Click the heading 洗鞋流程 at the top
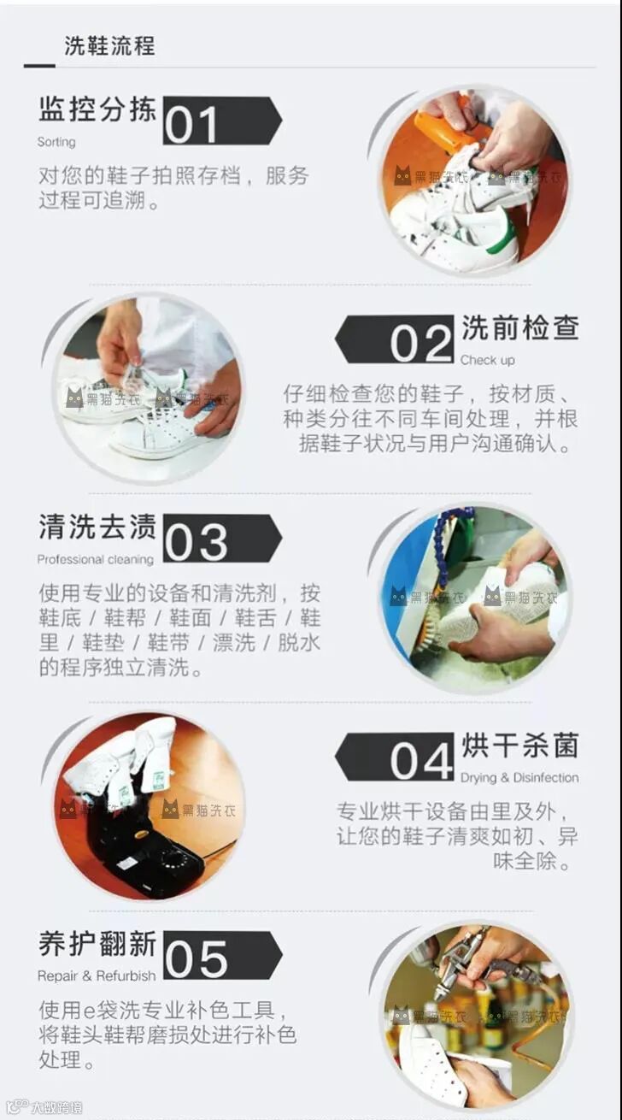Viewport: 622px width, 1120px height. click(x=110, y=45)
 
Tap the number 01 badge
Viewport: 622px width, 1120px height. click(x=222, y=121)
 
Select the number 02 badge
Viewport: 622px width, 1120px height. click(x=394, y=339)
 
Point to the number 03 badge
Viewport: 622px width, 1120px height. click(x=222, y=539)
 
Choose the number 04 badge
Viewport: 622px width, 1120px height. click(x=394, y=757)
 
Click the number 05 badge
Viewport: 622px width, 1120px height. click(x=222, y=956)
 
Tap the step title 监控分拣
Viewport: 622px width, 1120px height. click(x=97, y=109)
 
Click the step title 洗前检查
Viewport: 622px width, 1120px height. click(x=520, y=327)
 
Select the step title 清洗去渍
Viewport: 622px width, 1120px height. click(x=97, y=527)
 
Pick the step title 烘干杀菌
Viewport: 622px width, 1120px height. click(x=520, y=745)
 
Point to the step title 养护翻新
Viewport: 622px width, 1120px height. click(x=97, y=944)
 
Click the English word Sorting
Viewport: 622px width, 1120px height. click(x=56, y=142)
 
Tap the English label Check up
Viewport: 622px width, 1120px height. click(x=488, y=361)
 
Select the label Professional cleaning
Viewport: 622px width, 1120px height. click(x=96, y=559)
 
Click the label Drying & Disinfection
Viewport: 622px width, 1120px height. click(x=519, y=778)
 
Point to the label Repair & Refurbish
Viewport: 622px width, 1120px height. click(x=97, y=976)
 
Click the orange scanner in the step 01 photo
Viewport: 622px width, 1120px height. click(x=447, y=129)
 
